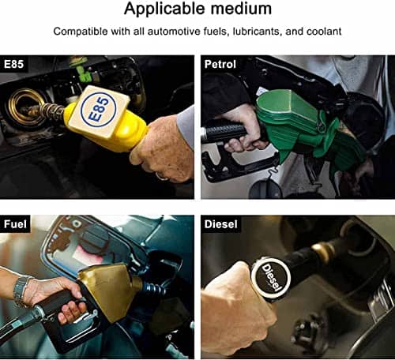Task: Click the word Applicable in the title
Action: pyautogui.click(x=165, y=9)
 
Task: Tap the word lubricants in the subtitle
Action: pyautogui.click(x=256, y=32)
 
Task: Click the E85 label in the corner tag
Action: pyautogui.click(x=13, y=64)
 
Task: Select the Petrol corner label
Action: pyautogui.click(x=220, y=64)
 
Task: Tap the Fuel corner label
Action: pyautogui.click(x=15, y=224)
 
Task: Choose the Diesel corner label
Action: pyautogui.click(x=221, y=224)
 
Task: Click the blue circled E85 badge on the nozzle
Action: pyautogui.click(x=98, y=110)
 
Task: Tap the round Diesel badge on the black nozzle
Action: pyautogui.click(x=271, y=279)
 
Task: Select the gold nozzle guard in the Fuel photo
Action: pyautogui.click(x=111, y=290)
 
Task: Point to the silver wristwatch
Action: pyautogui.click(x=21, y=291)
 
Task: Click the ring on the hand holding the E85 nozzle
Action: pyautogui.click(x=161, y=177)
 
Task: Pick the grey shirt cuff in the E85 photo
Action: pyautogui.click(x=186, y=126)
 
